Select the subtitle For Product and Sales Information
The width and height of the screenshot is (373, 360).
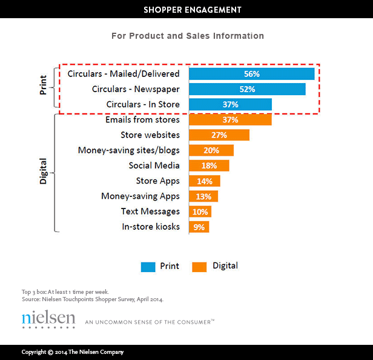pos(187,36)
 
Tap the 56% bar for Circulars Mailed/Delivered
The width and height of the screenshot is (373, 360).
pos(251,74)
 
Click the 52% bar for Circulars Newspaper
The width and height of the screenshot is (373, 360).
pos(247,89)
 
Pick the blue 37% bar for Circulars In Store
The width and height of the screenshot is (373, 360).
pos(230,105)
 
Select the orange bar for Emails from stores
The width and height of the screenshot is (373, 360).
pos(230,120)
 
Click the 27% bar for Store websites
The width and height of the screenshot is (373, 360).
pos(219,135)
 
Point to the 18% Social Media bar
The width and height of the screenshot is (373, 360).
pos(209,165)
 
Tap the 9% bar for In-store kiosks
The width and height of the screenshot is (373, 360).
pos(199,227)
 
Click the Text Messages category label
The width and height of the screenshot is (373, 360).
pos(150,212)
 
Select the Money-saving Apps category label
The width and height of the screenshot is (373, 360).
pos(140,196)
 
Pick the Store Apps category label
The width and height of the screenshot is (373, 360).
pos(157,181)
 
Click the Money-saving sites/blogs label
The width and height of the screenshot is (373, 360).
pos(128,150)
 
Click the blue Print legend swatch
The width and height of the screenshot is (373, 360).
pos(148,266)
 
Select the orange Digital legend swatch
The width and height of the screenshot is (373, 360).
pos(199,266)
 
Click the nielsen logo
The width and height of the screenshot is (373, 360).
pos(48,319)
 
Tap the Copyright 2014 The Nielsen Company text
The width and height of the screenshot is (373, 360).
pos(73,352)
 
